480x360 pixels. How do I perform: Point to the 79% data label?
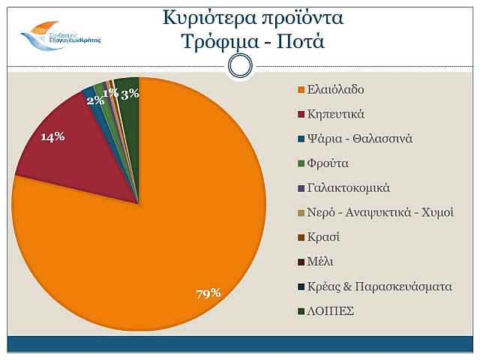(x=208, y=292)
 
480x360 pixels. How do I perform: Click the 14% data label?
(x=52, y=136)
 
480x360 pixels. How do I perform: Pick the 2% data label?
(x=95, y=100)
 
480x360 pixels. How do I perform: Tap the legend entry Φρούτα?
(x=322, y=163)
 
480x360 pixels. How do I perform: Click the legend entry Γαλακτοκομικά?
(x=343, y=187)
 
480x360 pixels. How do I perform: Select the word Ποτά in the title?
(x=300, y=40)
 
